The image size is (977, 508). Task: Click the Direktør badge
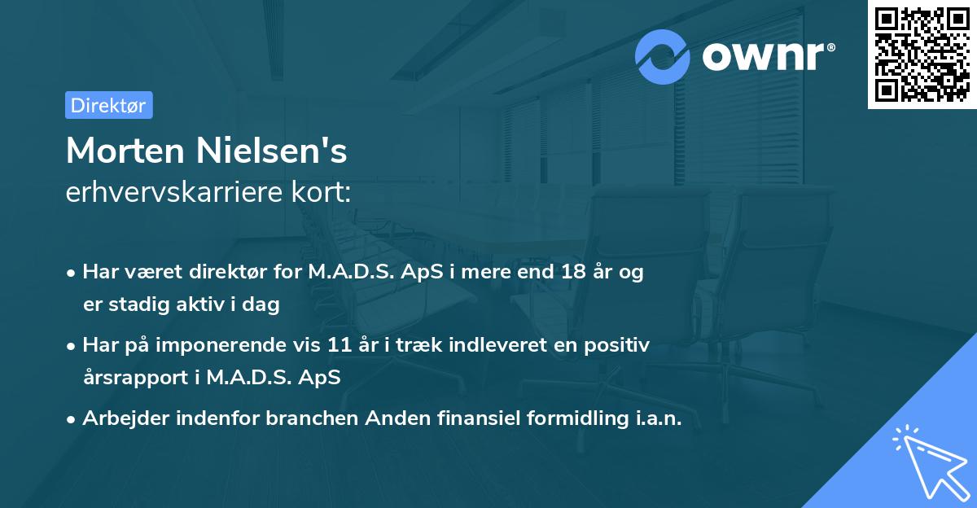(108, 105)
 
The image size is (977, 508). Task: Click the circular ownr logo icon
(663, 56)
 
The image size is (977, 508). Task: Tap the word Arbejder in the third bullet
(120, 418)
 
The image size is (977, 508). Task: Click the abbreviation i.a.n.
(656, 418)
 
